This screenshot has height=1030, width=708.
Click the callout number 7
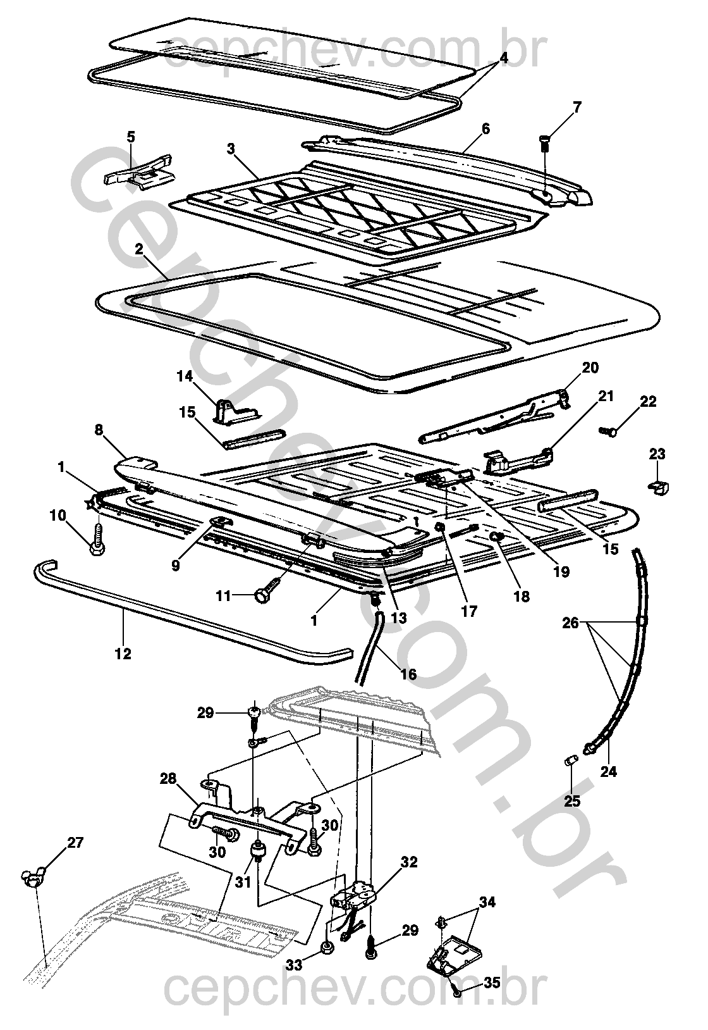pos(576,107)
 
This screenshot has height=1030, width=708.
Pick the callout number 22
pos(648,402)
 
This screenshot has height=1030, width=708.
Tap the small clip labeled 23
pos(658,485)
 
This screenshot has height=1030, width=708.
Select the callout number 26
pos(571,623)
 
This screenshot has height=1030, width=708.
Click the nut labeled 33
pos(327,946)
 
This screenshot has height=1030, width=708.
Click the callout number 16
pos(409,674)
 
